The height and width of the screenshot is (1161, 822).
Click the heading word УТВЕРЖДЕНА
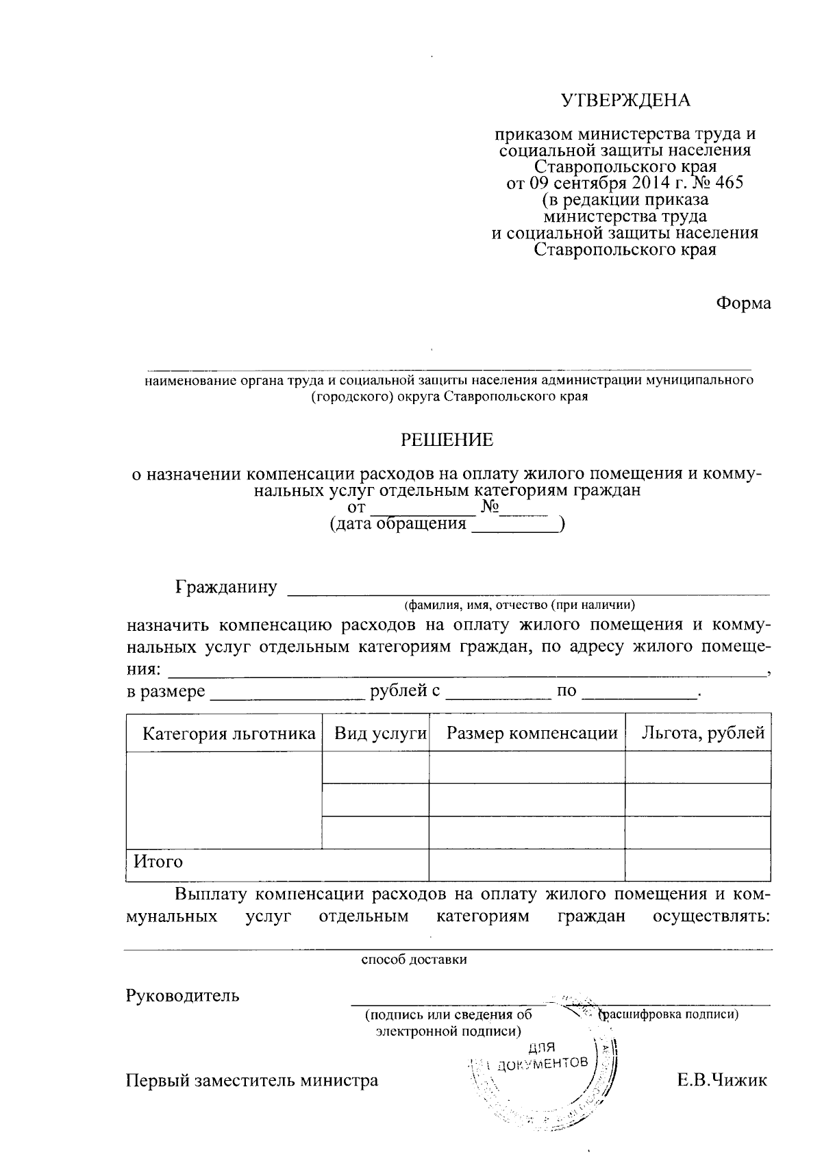[626, 101]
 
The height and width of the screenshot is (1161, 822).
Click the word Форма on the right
[743, 303]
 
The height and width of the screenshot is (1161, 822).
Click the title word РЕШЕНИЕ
[447, 440]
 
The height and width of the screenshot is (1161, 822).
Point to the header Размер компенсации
[532, 734]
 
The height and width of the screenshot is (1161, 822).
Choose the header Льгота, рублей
[703, 734]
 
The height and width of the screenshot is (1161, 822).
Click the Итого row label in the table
[158, 862]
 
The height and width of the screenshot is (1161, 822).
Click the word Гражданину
[227, 587]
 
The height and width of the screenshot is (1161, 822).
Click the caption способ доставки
[414, 960]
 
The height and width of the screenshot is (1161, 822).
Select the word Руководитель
[182, 995]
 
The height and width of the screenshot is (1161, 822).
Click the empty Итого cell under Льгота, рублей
[698, 865]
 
